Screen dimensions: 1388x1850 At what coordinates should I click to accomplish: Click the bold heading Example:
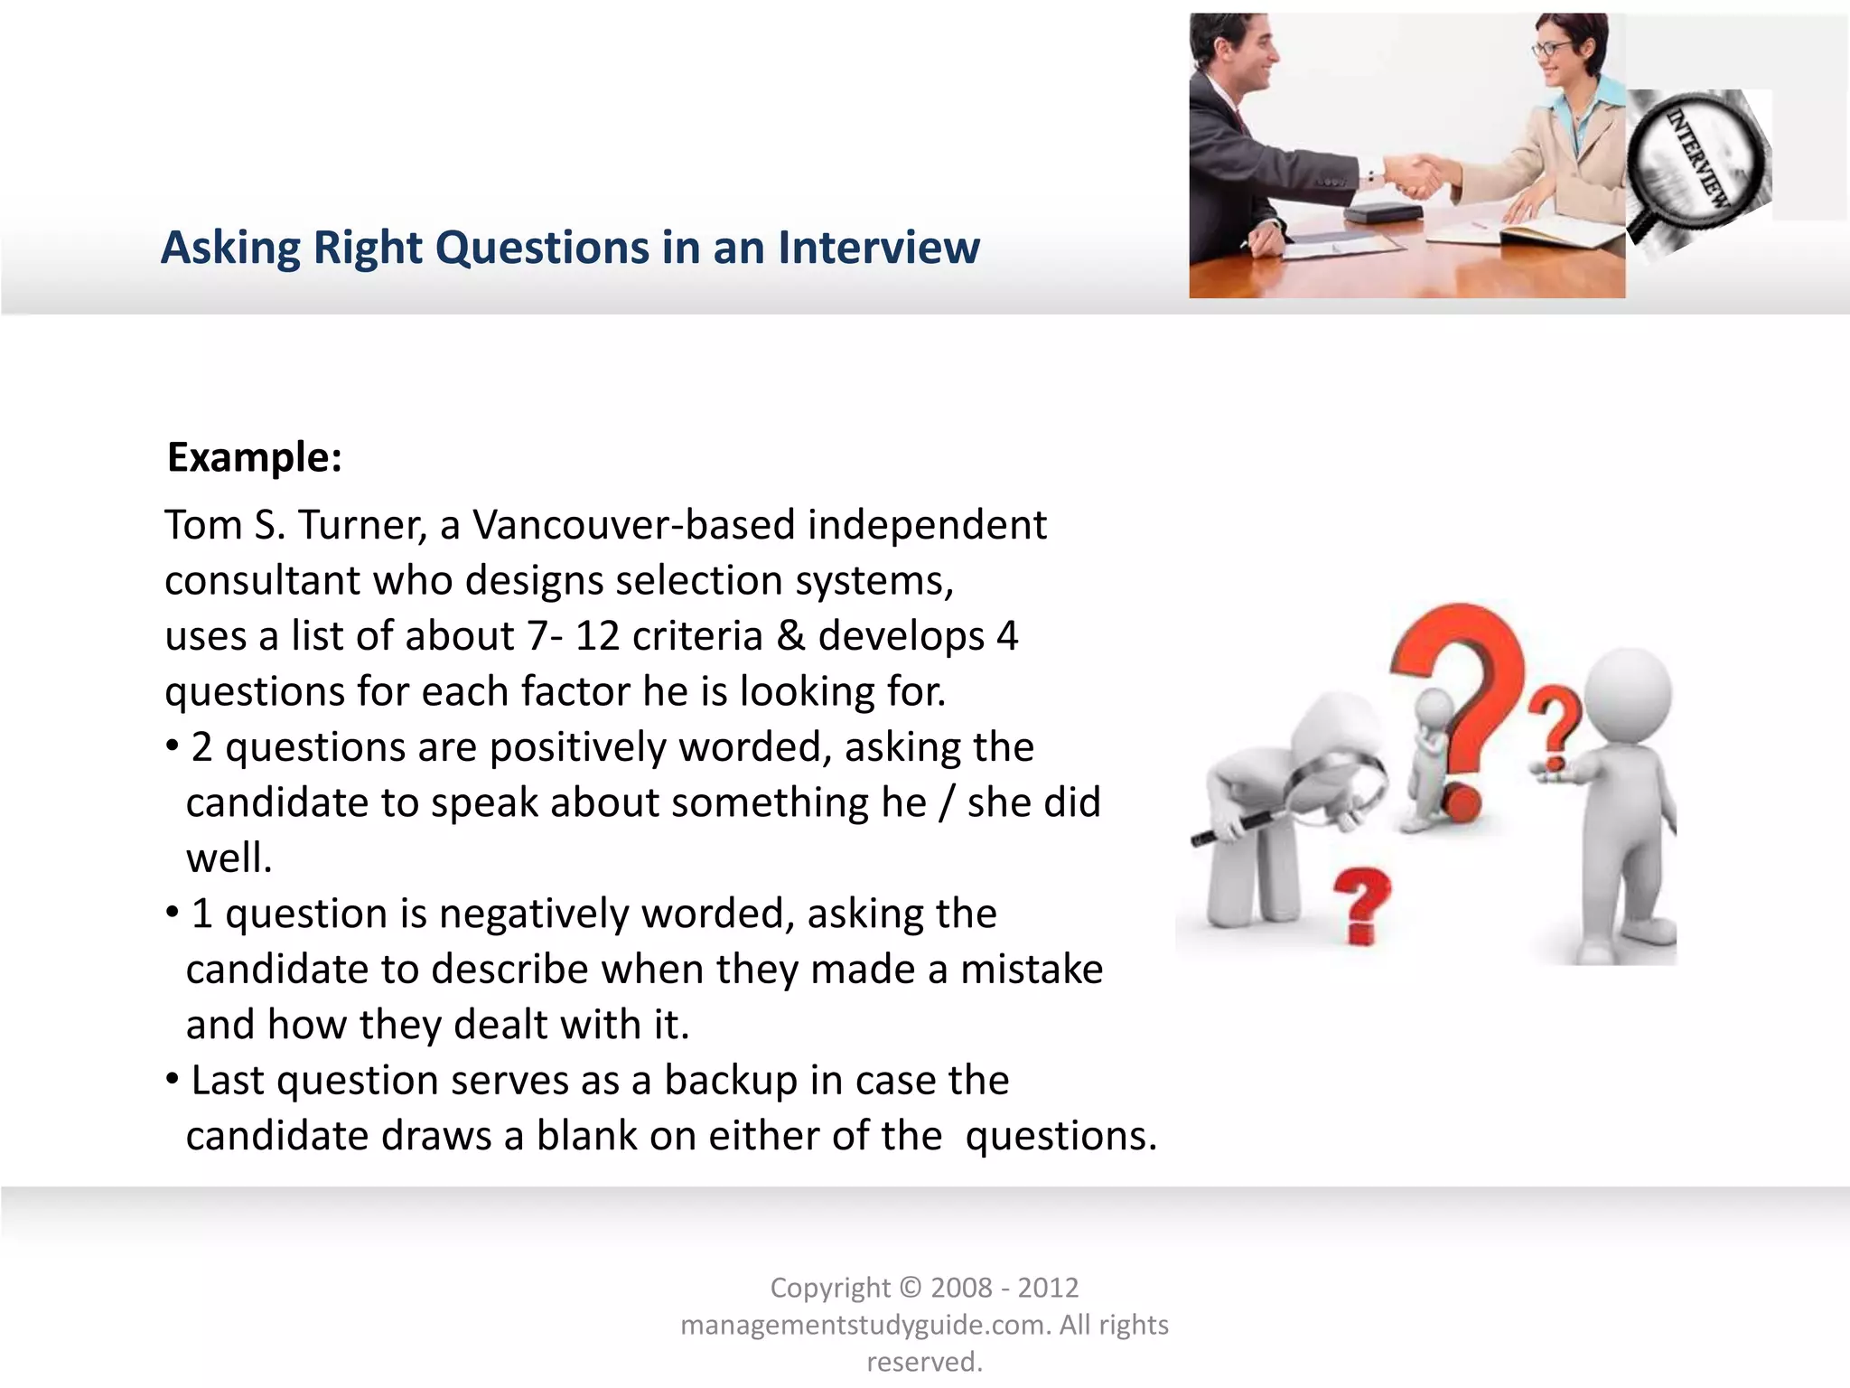tap(255, 457)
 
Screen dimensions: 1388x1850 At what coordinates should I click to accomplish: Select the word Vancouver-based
tap(632, 525)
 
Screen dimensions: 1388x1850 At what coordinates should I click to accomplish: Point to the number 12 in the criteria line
tap(598, 636)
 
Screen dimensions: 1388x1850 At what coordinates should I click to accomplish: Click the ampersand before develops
tap(790, 636)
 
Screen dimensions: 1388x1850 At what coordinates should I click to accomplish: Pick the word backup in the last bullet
tap(731, 1081)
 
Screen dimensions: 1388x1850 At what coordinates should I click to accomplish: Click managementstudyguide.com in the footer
tap(865, 1325)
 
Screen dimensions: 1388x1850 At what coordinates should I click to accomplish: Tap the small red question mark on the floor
tap(1362, 904)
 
